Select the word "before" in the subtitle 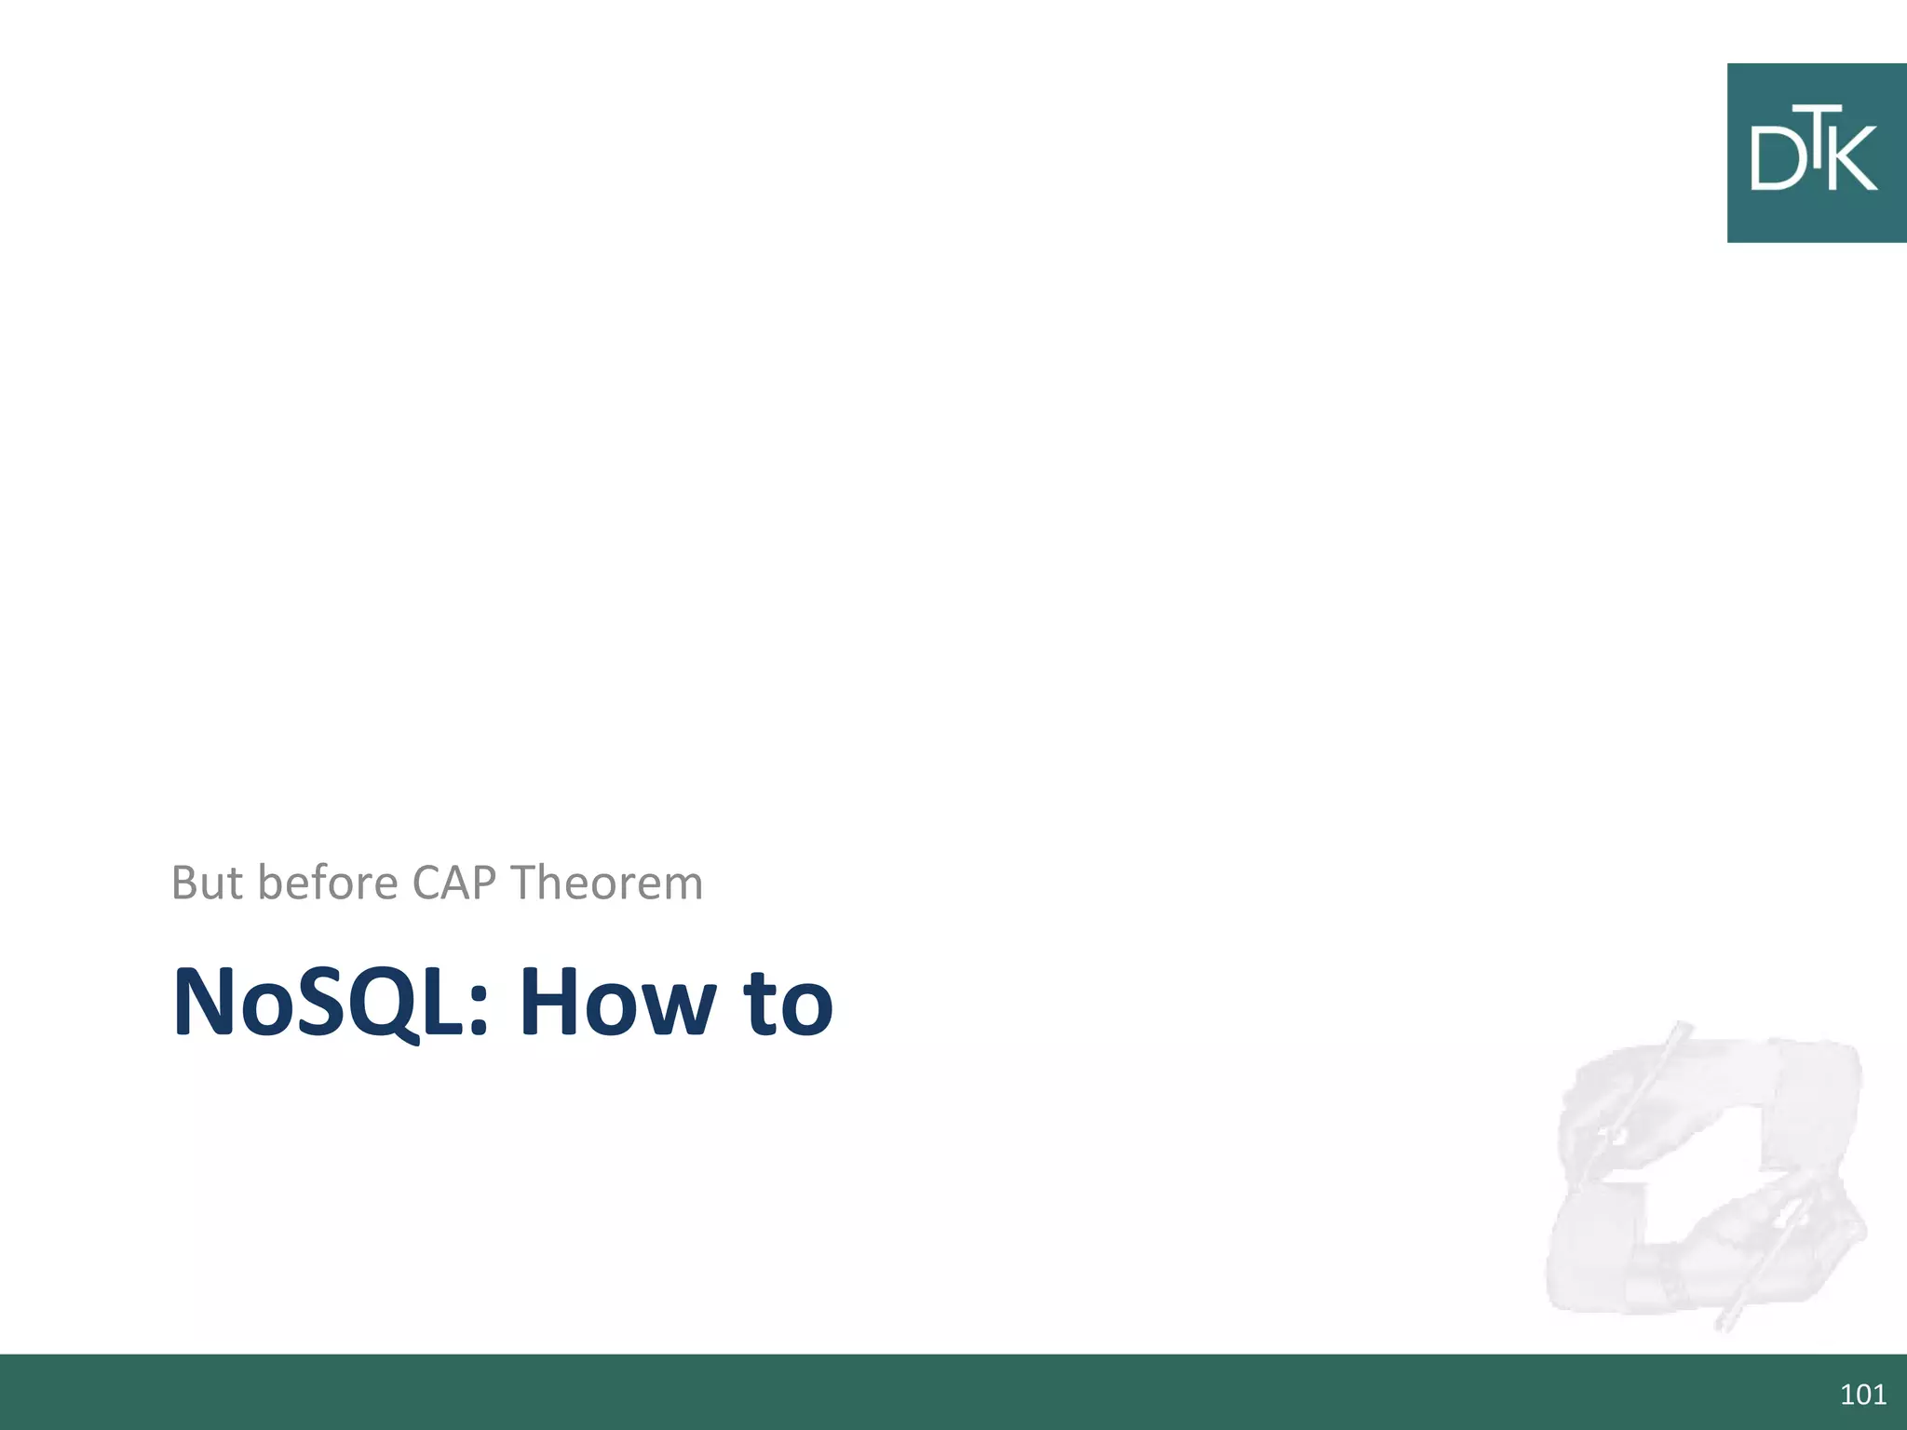328,883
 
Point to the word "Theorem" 606,883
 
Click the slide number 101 1862,1394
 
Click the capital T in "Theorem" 525,883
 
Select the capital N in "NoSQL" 206,1003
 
